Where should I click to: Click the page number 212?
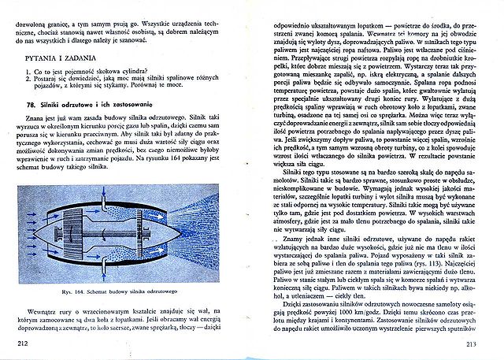tap(22, 344)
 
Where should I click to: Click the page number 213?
tap(472, 343)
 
